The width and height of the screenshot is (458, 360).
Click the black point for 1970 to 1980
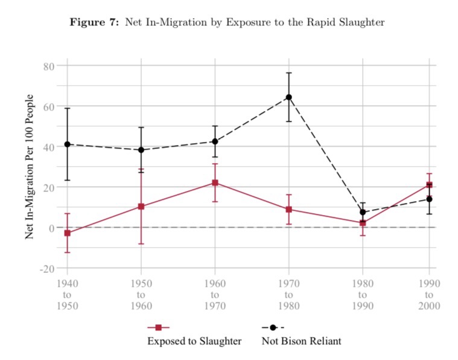288,97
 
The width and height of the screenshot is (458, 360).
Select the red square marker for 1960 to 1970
215,183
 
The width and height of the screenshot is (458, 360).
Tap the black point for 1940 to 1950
67,144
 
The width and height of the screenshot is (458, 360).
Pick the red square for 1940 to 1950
67,233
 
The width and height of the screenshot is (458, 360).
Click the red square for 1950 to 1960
141,207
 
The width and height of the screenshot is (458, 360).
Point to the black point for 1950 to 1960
141,150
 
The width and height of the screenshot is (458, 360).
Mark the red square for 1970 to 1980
288,210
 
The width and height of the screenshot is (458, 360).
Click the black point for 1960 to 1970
215,141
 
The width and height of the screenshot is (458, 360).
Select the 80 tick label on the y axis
48,65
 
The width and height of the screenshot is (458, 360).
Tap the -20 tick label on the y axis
46,268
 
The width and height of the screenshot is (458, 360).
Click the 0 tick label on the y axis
52,228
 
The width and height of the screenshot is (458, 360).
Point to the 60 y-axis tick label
48,106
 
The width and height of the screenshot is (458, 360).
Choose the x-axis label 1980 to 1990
362,294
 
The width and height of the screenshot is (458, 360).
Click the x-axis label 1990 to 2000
429,294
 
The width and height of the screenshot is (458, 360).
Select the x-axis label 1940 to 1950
67,294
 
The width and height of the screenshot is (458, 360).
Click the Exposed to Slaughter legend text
194,341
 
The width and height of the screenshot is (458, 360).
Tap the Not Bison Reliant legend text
301,341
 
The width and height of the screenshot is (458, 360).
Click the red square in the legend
158,327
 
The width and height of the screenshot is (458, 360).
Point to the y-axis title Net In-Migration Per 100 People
30,166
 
